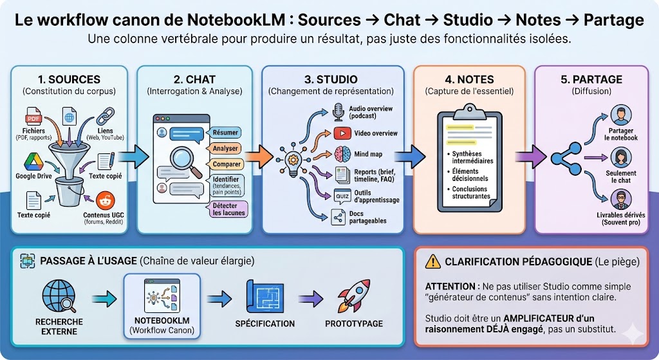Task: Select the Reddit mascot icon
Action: (103, 201)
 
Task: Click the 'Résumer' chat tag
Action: (225, 132)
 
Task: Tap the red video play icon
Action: (340, 133)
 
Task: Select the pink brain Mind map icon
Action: (341, 155)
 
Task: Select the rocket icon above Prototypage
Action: (353, 297)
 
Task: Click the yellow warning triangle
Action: (433, 261)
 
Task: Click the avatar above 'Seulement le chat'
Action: (620, 157)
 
